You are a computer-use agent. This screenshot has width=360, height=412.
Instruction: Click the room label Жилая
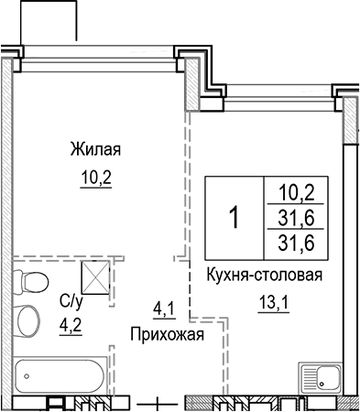coord(95,148)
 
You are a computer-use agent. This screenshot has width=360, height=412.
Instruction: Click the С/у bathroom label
coord(70,299)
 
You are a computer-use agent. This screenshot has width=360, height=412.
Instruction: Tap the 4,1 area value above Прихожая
coord(161,309)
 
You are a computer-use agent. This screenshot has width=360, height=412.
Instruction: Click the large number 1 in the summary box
coord(235,218)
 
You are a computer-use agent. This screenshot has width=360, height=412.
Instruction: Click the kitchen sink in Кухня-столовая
coord(318,376)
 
